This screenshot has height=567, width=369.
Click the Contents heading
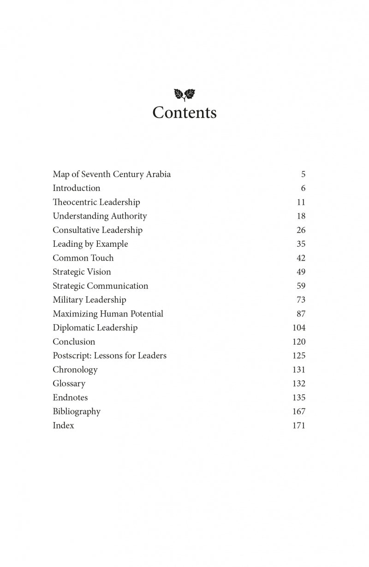click(x=184, y=113)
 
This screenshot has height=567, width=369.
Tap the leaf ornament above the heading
click(x=184, y=95)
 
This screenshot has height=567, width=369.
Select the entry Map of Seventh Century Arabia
click(x=112, y=174)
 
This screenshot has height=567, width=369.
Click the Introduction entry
click(x=77, y=188)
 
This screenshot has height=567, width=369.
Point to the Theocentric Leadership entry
click(x=96, y=202)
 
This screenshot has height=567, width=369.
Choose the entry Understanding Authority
click(x=100, y=216)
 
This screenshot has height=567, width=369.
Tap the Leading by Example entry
click(x=90, y=244)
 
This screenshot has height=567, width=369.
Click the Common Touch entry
click(x=83, y=258)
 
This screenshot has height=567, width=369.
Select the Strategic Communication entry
click(x=101, y=286)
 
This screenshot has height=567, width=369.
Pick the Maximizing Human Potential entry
click(x=108, y=314)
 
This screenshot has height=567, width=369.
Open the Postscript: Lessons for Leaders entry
click(x=109, y=356)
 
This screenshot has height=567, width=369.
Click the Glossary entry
click(x=69, y=384)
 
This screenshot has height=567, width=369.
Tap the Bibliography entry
click(x=77, y=412)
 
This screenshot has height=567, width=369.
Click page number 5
click(x=303, y=174)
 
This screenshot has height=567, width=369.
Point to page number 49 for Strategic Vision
click(x=301, y=272)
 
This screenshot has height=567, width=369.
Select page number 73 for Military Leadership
click(x=301, y=300)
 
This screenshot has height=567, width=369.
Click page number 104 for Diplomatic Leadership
click(x=299, y=328)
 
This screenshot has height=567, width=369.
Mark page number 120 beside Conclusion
click(x=299, y=342)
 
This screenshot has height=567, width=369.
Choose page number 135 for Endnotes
click(x=299, y=398)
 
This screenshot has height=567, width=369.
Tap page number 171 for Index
click(x=299, y=425)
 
